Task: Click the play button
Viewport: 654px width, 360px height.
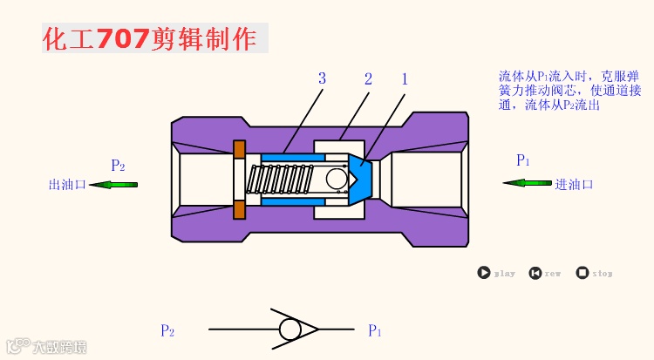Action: click(x=483, y=273)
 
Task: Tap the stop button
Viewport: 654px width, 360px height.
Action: click(x=582, y=273)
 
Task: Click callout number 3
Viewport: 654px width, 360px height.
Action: click(x=322, y=79)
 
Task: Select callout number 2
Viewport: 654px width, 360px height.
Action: click(x=368, y=79)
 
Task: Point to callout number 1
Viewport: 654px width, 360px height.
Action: click(x=405, y=79)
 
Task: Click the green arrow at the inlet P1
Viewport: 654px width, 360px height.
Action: click(x=527, y=183)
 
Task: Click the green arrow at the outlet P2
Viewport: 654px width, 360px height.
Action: click(x=113, y=184)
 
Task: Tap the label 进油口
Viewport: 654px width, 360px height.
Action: click(x=574, y=184)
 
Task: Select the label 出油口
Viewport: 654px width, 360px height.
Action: click(x=66, y=185)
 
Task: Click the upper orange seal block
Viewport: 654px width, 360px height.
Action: click(x=239, y=148)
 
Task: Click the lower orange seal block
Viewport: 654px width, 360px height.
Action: click(x=239, y=210)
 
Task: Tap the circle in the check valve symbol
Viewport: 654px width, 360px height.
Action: click(x=290, y=329)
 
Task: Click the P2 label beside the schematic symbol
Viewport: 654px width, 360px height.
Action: click(x=167, y=331)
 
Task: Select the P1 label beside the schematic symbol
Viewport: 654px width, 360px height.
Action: click(x=375, y=331)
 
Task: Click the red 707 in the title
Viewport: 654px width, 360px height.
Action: click(x=122, y=38)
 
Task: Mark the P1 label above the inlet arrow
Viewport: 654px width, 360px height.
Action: click(x=523, y=160)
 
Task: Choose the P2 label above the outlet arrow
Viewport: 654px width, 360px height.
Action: click(x=118, y=165)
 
